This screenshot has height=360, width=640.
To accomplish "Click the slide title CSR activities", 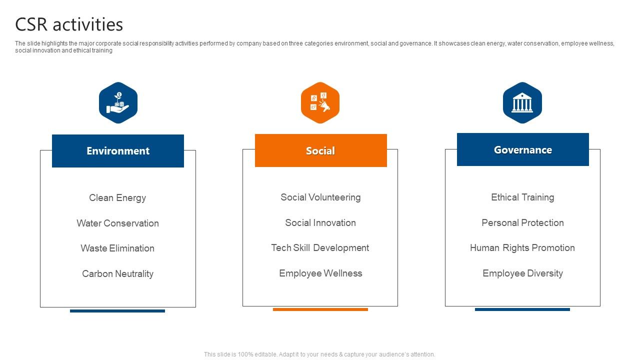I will tap(69, 24).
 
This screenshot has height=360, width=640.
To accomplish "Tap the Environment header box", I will tap(118, 151).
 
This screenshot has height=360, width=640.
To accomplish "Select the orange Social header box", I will tap(320, 150).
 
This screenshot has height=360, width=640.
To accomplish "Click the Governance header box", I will tap(522, 149).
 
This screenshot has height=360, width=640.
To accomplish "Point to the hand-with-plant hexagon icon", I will tap(118, 102).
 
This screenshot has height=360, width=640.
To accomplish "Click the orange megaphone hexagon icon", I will tap(320, 102).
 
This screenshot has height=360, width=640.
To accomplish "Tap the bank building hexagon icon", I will tap(522, 102).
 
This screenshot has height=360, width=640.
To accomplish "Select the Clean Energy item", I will tap(117, 197).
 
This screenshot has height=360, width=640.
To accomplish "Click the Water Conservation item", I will tap(117, 223).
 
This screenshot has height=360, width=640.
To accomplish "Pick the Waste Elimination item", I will tap(117, 248).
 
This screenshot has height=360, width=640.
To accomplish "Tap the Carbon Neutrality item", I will tap(117, 273).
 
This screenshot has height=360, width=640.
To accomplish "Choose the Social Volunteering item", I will tap(320, 197).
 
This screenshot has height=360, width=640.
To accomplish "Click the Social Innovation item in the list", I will tap(320, 222).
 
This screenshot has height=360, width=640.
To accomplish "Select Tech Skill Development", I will tap(320, 247).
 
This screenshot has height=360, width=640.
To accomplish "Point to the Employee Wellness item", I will tap(320, 273).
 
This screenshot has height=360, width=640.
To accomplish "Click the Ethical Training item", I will tap(522, 197).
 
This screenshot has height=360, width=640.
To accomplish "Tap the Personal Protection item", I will tap(522, 222).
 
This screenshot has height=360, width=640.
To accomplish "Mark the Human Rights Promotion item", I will tap(522, 247).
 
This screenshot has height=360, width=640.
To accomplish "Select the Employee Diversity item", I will tap(522, 273).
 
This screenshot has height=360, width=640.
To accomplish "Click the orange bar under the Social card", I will tap(320, 309).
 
